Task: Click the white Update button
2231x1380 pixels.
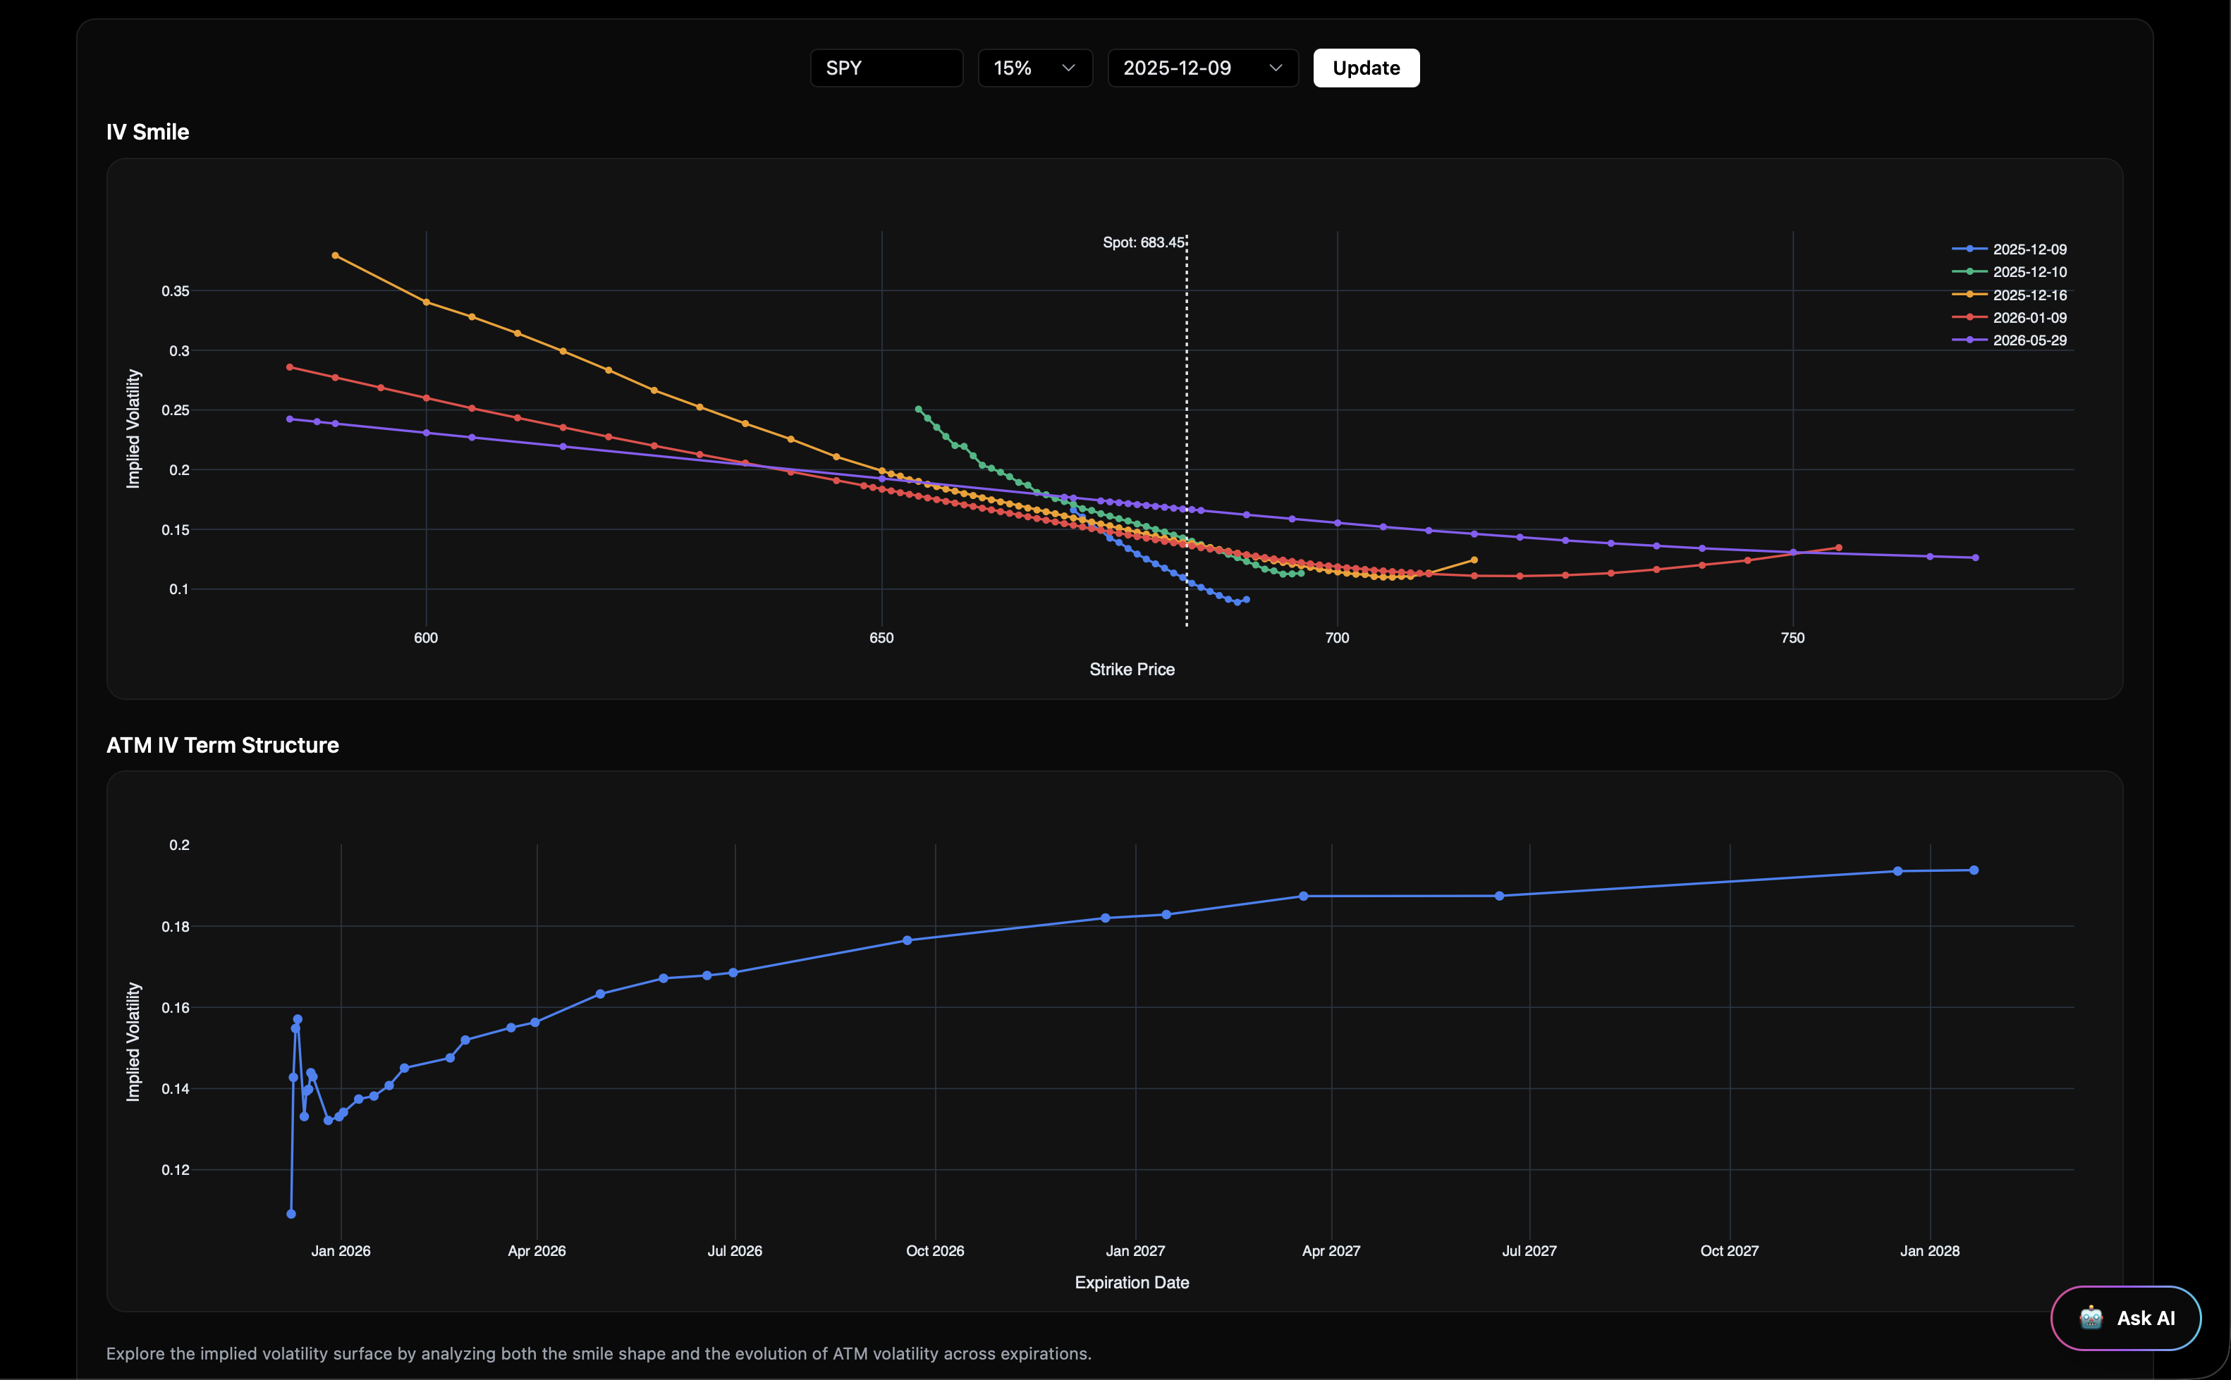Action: [x=1366, y=68]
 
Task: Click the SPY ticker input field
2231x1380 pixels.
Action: [x=886, y=68]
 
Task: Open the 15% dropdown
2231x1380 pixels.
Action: [x=1034, y=68]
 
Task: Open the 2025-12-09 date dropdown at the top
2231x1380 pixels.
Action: [x=1202, y=68]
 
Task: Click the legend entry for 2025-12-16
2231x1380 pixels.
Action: [x=2029, y=295]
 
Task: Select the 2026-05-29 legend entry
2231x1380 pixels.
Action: [x=2029, y=340]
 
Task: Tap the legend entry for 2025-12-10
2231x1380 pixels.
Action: [x=2029, y=272]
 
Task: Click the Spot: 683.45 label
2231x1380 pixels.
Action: [x=1143, y=242]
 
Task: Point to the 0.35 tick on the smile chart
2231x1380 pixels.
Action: [x=176, y=291]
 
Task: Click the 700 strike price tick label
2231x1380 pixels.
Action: [x=1336, y=638]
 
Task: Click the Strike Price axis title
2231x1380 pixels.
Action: [x=1132, y=669]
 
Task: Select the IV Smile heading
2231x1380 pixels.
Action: [x=148, y=133]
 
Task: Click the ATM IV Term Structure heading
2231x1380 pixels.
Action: [x=223, y=746]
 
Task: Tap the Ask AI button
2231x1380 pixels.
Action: [x=2126, y=1318]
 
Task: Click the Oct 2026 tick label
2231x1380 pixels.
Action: [x=935, y=1251]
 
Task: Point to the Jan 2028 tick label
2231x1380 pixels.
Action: [x=1929, y=1251]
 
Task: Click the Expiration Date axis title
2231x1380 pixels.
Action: [x=1132, y=1282]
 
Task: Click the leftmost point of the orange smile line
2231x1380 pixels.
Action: [x=335, y=256]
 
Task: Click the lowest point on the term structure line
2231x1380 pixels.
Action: [x=291, y=1214]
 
